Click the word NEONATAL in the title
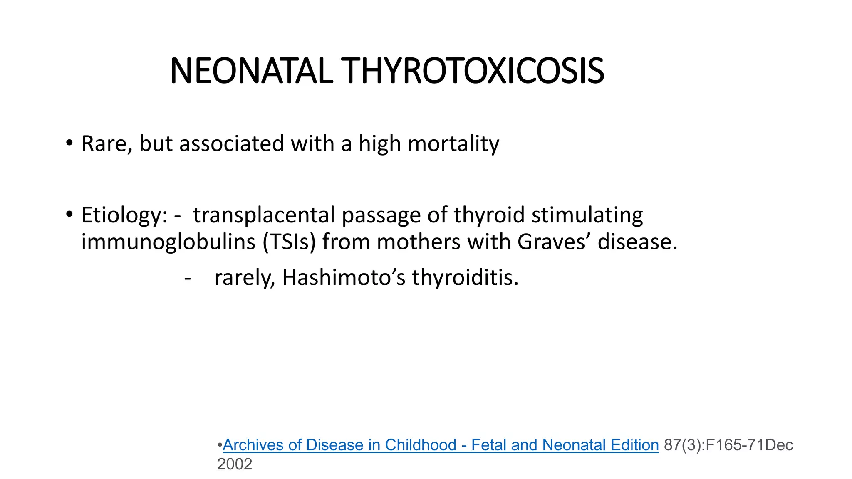click(x=251, y=71)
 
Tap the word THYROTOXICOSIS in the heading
click(x=472, y=71)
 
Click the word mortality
click(x=453, y=143)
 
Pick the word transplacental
click(x=264, y=215)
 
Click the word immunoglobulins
click(x=168, y=242)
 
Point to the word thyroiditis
click(x=465, y=277)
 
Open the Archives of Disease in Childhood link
click(x=441, y=445)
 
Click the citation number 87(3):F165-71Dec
click(x=728, y=445)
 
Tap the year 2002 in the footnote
click(x=235, y=464)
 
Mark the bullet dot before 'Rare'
click(x=69, y=143)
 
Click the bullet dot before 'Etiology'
click(x=69, y=215)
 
